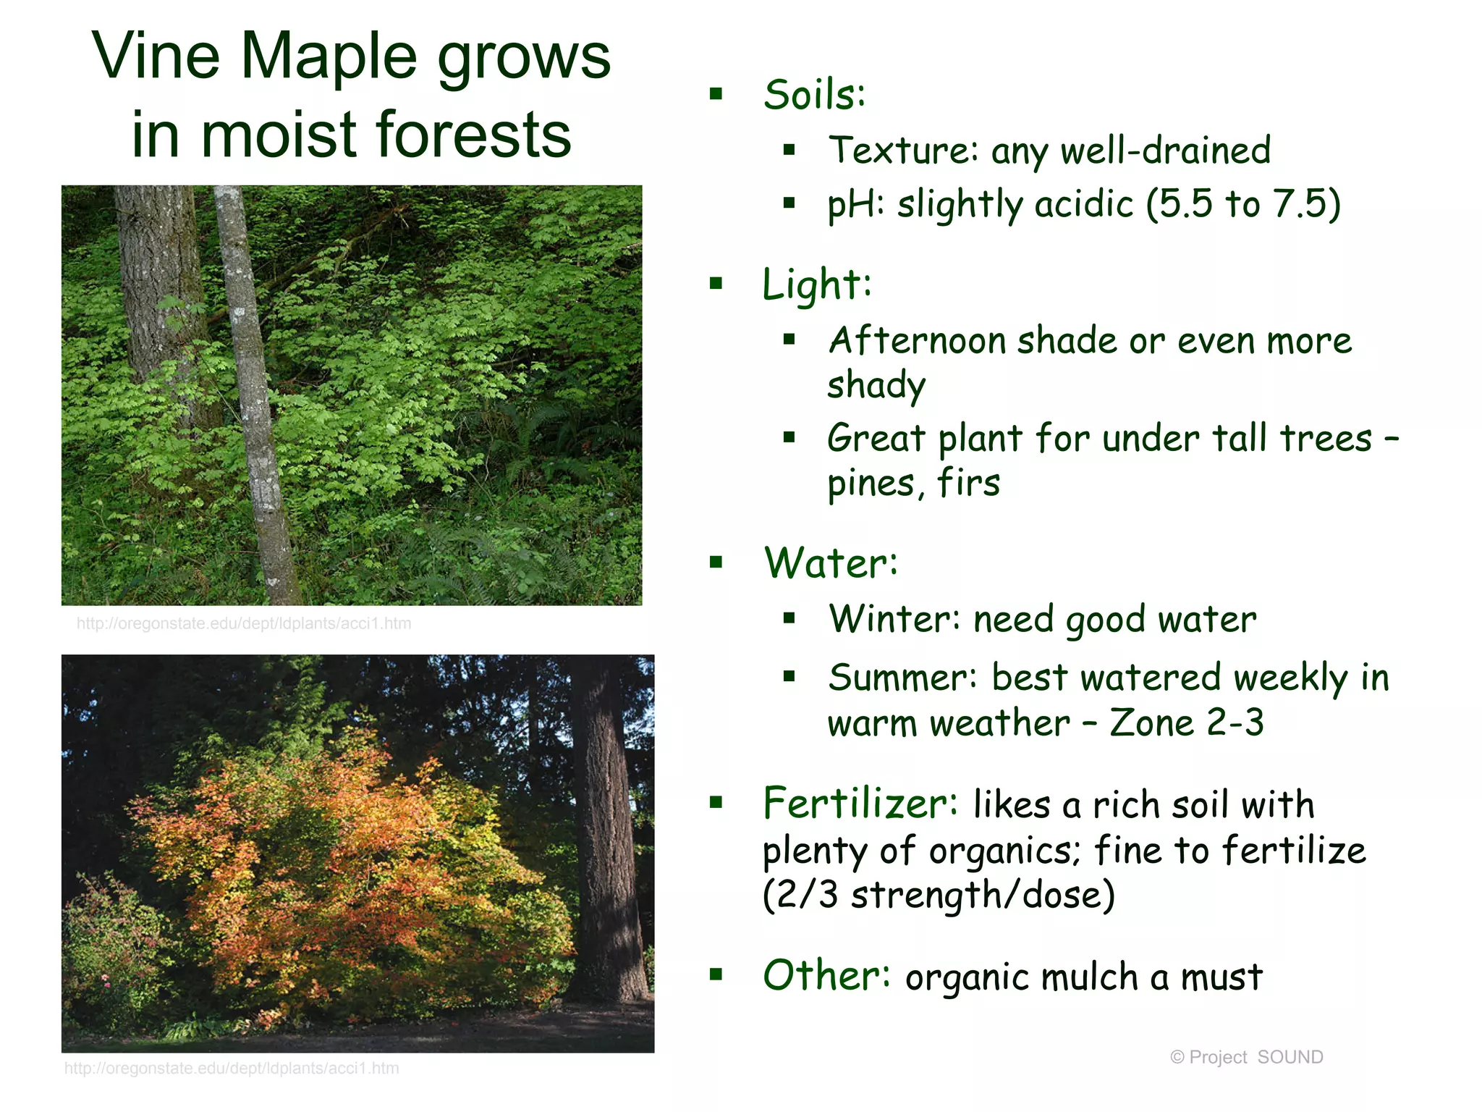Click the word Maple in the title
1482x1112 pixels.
(329, 58)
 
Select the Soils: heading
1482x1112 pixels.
(814, 95)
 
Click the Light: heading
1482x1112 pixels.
(816, 285)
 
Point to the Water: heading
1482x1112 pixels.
(830, 563)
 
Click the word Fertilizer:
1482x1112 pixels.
(860, 804)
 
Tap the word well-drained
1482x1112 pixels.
(1165, 151)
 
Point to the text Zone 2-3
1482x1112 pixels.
(1187, 723)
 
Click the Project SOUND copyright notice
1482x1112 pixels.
(1246, 1057)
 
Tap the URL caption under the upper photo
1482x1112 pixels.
(244, 623)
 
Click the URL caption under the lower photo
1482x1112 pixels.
(232, 1068)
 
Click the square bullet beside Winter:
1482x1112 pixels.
(789, 618)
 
